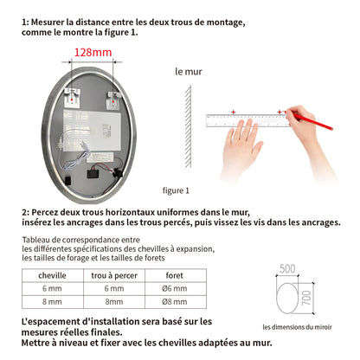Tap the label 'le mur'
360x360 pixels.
click(x=189, y=73)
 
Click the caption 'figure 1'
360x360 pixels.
click(x=177, y=190)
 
